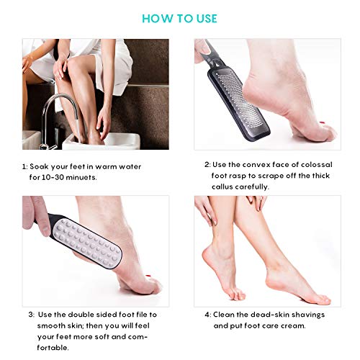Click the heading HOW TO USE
point(179,19)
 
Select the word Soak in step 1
point(42,166)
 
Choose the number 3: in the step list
point(32,315)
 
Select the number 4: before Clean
point(207,314)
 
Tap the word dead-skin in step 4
point(268,314)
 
